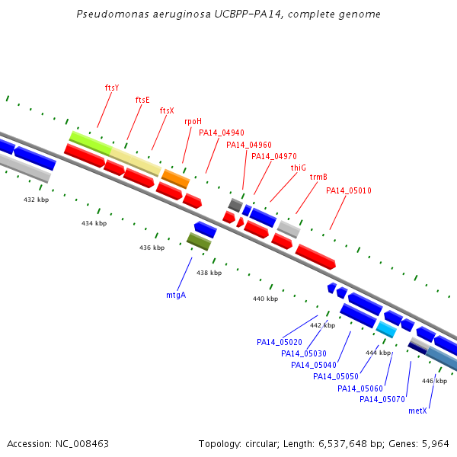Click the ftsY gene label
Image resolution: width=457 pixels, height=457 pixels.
pos(112,88)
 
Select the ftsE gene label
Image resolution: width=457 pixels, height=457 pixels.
pos(142,100)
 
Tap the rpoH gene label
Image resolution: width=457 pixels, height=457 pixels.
pos(193,122)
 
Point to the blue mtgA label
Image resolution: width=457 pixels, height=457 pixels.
pos(176,296)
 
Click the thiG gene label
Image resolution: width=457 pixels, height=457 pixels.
pos(299,168)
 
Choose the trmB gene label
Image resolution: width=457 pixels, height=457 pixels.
pos(318,177)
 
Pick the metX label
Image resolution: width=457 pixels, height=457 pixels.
pos(417,411)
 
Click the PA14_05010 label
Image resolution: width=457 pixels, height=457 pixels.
pos(349,190)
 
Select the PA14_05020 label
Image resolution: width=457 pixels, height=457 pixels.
pos(280,342)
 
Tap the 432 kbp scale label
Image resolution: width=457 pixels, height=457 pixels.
pos(36,200)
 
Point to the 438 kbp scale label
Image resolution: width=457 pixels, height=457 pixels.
pos(209,273)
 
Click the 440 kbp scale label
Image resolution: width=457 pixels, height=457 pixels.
pos(266,299)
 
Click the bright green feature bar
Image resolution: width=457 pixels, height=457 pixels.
pos(91,143)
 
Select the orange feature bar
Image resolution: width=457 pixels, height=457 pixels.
pos(175,179)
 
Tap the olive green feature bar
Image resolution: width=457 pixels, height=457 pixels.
pos(199,241)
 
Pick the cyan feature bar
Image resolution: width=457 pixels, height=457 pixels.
pos(386,329)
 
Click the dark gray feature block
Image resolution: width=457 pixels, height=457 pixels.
pos(235,205)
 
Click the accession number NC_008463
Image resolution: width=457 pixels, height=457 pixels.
pos(82,444)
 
